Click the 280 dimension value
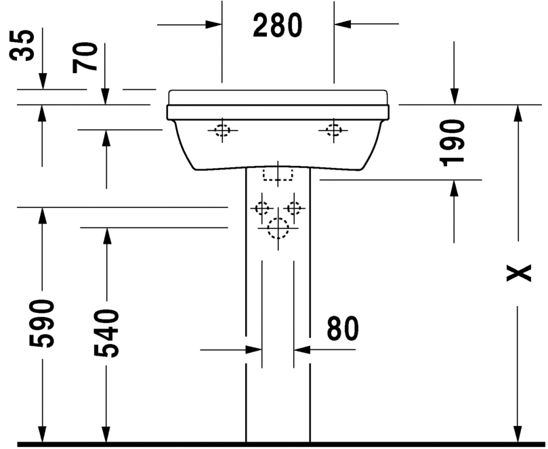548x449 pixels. coord(278,25)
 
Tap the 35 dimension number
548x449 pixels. coord(22,45)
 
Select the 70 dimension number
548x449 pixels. coord(85,58)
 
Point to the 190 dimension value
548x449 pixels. coord(452,143)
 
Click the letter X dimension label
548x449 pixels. coord(519,273)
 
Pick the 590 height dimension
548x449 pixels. coord(42,324)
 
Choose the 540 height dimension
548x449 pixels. coord(106,333)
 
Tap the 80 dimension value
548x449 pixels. coord(343,328)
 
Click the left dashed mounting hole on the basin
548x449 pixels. coord(222,130)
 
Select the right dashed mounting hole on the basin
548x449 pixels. coord(333,130)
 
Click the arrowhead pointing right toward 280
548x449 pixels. coord(213,24)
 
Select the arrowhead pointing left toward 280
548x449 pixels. coord(342,24)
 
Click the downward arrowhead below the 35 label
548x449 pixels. coord(43,81)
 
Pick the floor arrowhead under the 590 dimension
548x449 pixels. coord(42,435)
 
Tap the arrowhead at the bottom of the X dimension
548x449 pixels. coord(518,435)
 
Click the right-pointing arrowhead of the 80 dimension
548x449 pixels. coord(254,349)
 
